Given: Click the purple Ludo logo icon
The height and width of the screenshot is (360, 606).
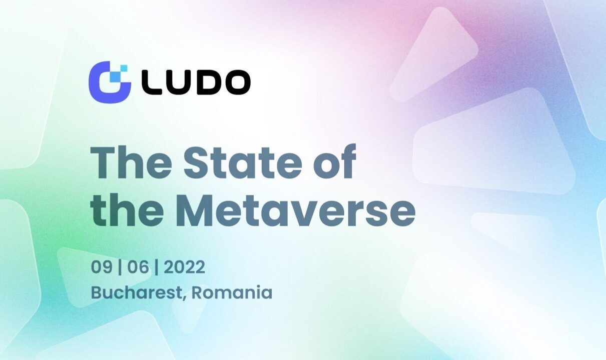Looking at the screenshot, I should pos(108,80).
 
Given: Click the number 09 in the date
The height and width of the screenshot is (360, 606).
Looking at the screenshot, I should pos(101,267).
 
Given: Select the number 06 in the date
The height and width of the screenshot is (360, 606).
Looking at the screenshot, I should pos(138,267).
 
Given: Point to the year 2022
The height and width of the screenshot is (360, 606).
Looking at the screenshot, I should pos(184,267).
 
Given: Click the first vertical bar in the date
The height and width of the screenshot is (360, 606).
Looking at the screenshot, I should pos(119,268).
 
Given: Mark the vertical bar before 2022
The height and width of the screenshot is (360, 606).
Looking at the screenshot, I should pos(157,268).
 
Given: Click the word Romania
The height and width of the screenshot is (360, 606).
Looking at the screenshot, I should pos(232,292).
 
